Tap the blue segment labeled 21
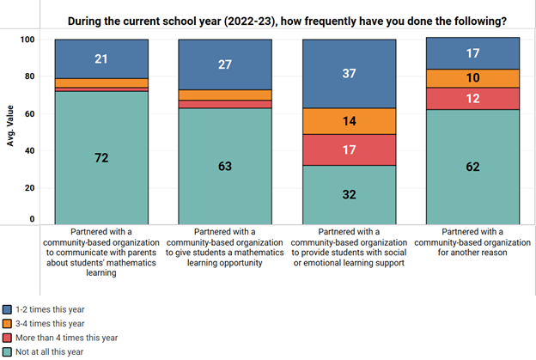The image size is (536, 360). click(x=101, y=58)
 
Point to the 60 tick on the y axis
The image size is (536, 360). click(x=27, y=113)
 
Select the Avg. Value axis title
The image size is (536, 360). click(x=12, y=130)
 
